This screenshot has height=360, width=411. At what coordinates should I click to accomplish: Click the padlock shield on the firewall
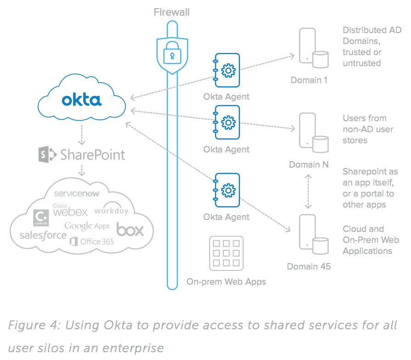click(x=172, y=56)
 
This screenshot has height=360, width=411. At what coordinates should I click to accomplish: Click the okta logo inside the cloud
click(x=81, y=99)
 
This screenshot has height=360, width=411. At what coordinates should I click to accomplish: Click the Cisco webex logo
click(x=70, y=211)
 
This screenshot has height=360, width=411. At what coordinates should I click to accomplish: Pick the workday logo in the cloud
click(x=111, y=210)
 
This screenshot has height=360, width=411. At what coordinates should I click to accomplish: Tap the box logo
click(x=130, y=229)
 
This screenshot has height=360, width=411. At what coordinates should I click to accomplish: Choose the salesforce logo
click(x=43, y=236)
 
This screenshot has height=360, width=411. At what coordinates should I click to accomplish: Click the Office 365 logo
click(x=92, y=241)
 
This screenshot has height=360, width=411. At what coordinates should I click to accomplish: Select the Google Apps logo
click(x=87, y=225)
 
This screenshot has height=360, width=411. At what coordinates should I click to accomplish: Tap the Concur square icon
click(x=41, y=217)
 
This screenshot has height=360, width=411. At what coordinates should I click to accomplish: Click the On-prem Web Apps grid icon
click(x=226, y=253)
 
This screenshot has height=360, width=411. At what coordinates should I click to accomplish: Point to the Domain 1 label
click(x=309, y=80)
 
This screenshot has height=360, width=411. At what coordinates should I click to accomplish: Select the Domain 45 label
click(x=308, y=266)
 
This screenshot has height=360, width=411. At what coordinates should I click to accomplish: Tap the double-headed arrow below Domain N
click(x=309, y=191)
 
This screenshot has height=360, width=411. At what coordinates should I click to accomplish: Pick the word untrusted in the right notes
click(x=362, y=63)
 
